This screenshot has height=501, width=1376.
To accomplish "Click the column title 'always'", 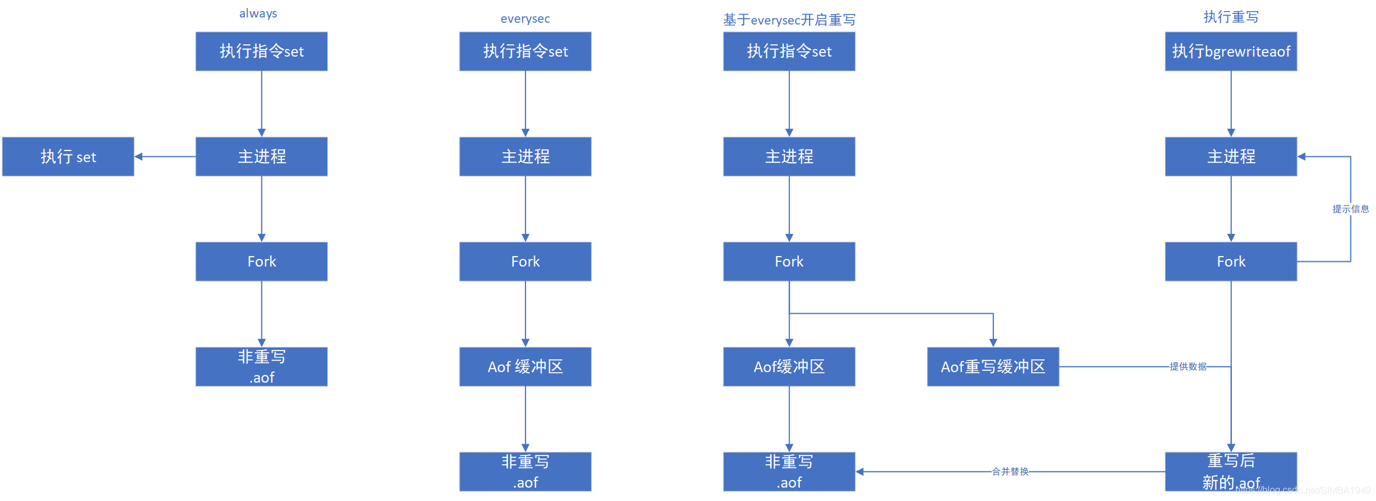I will [258, 13].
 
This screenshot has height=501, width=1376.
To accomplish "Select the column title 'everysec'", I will [525, 19].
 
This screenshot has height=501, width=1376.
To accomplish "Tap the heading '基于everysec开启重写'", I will [789, 20].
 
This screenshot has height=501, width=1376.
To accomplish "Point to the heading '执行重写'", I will [1231, 17].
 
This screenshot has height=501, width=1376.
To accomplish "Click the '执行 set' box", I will [68, 156].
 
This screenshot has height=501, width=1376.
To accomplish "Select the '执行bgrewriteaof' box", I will [1231, 51].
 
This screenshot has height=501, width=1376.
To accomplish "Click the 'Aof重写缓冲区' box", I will [993, 366].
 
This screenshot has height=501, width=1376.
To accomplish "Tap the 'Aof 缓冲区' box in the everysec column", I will [525, 366].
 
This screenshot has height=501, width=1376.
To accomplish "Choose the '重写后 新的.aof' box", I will [1231, 471].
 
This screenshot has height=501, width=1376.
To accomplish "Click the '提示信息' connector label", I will [1350, 209].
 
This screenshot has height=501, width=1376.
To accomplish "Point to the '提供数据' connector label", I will [1188, 366].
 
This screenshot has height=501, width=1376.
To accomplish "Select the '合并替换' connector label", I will [1010, 471].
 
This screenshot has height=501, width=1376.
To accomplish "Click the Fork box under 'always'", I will [261, 261].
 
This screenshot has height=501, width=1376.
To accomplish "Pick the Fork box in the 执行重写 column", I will [1231, 261].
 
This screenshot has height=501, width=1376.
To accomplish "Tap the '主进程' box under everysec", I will [525, 156].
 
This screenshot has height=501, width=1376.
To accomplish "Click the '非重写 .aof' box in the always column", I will [261, 366].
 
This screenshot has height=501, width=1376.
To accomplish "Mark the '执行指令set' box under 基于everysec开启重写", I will [789, 51].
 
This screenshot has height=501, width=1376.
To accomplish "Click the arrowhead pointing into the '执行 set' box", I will [139, 156].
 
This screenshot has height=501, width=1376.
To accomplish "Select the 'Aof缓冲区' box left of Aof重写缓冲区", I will [789, 366].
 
